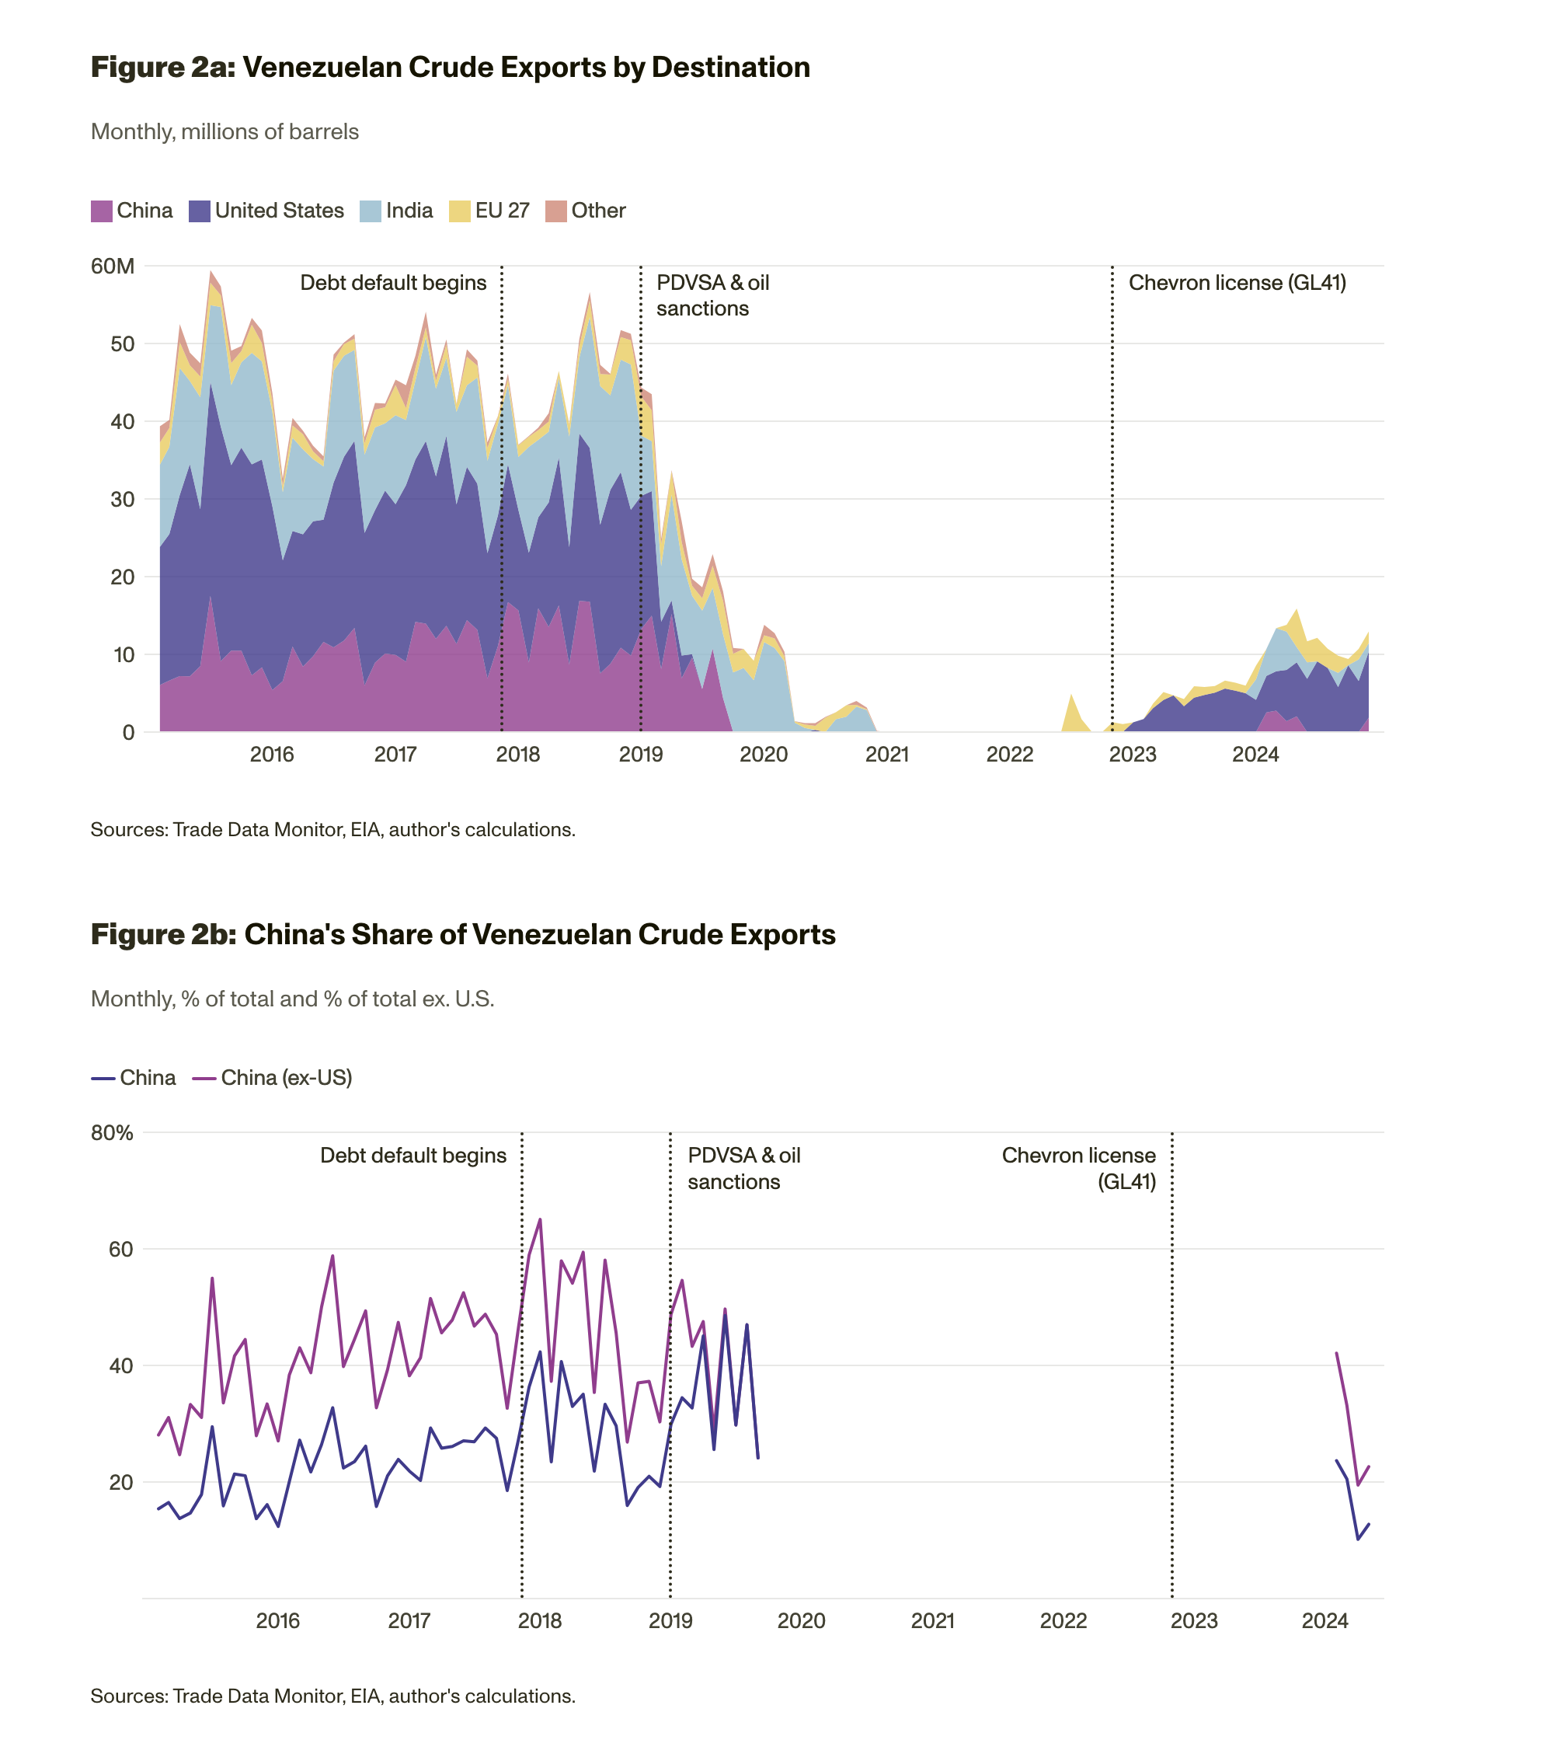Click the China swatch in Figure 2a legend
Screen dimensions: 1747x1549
pyautogui.click(x=102, y=211)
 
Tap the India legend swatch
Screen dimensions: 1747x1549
pyautogui.click(x=370, y=211)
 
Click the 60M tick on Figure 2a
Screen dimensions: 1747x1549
pyautogui.click(x=113, y=266)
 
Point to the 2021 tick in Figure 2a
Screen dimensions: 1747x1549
pyautogui.click(x=887, y=754)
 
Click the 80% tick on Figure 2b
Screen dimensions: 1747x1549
pyautogui.click(x=112, y=1132)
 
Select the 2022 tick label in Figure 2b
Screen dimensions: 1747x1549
pyautogui.click(x=1063, y=1620)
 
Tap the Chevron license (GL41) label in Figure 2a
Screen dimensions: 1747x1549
pyautogui.click(x=1236, y=283)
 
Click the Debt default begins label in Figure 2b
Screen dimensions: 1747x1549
pyautogui.click(x=412, y=1156)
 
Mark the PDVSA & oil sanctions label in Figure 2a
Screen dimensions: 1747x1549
pyautogui.click(x=712, y=296)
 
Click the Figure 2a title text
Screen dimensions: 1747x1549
pyautogui.click(x=451, y=68)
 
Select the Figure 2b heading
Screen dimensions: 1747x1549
pyautogui.click(x=462, y=934)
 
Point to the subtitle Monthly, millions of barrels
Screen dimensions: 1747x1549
pyautogui.click(x=225, y=131)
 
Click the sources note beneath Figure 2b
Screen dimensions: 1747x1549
pyautogui.click(x=332, y=1696)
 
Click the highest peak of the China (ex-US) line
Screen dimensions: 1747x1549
pyautogui.click(x=540, y=1219)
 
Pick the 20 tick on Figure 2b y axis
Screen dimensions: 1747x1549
pyautogui.click(x=120, y=1482)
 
